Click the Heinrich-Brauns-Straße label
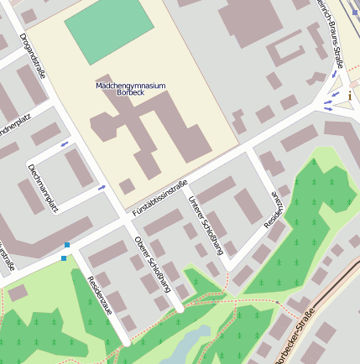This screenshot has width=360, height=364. tap(331, 34)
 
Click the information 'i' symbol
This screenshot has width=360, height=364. tap(349, 96)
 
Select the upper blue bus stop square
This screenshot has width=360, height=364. tap(67, 245)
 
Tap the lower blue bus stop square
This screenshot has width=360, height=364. tap(63, 257)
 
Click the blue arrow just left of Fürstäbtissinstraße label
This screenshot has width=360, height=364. tap(101, 188)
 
